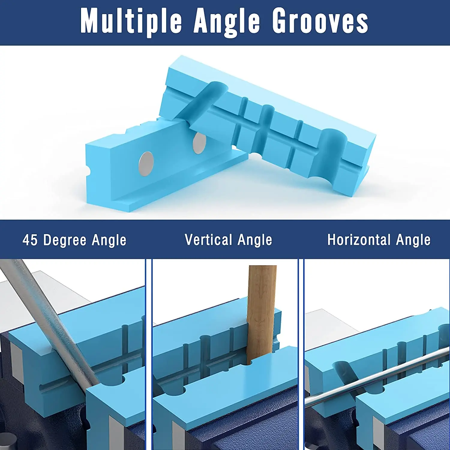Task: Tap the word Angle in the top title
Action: click(x=227, y=22)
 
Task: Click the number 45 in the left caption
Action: click(x=30, y=240)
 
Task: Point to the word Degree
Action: click(x=65, y=240)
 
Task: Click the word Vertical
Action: click(x=208, y=240)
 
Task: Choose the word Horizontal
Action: click(x=359, y=240)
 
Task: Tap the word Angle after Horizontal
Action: click(x=413, y=240)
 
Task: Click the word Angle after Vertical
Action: click(x=255, y=240)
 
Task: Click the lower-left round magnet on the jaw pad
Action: click(x=146, y=163)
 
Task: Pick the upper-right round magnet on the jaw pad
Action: click(x=199, y=143)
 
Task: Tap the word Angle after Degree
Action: click(x=109, y=240)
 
